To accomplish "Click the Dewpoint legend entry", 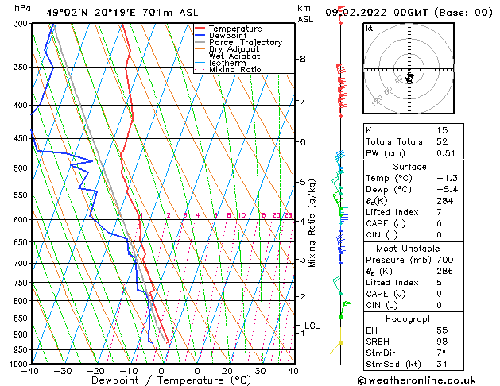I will (227, 36).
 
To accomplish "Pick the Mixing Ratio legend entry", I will (234, 70).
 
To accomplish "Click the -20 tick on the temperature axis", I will (95, 371).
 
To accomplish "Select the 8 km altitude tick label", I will (303, 59).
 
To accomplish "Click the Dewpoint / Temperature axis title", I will (161, 380).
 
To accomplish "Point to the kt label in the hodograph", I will (369, 28).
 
